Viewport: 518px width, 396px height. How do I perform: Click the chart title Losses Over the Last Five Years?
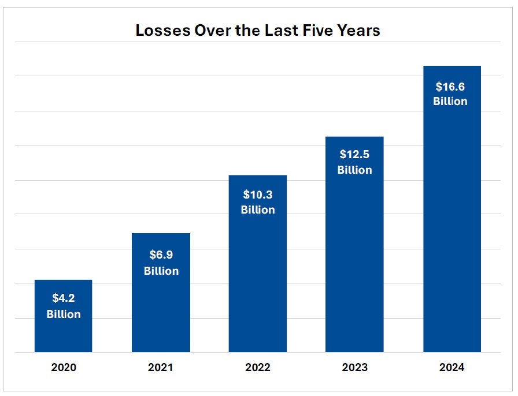pos(258,31)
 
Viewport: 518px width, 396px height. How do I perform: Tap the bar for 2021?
pos(161,312)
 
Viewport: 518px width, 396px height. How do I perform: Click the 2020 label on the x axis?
pos(64,367)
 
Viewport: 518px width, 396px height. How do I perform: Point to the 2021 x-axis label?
pos(161,367)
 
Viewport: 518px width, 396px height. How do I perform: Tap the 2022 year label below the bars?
pos(258,367)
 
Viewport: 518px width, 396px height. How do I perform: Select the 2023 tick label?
pos(354,367)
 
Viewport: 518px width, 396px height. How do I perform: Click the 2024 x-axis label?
pos(452,367)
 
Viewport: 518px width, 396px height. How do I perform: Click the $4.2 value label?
pos(64,298)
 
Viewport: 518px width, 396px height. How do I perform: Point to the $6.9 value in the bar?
pos(161,255)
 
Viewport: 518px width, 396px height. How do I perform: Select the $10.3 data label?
pos(258,194)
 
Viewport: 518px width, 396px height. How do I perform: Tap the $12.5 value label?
pos(354,154)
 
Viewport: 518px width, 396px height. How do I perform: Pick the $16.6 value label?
pos(451,87)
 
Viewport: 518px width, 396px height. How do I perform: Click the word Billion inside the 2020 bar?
pos(64,315)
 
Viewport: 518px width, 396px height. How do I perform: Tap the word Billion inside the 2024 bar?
pos(451,102)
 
